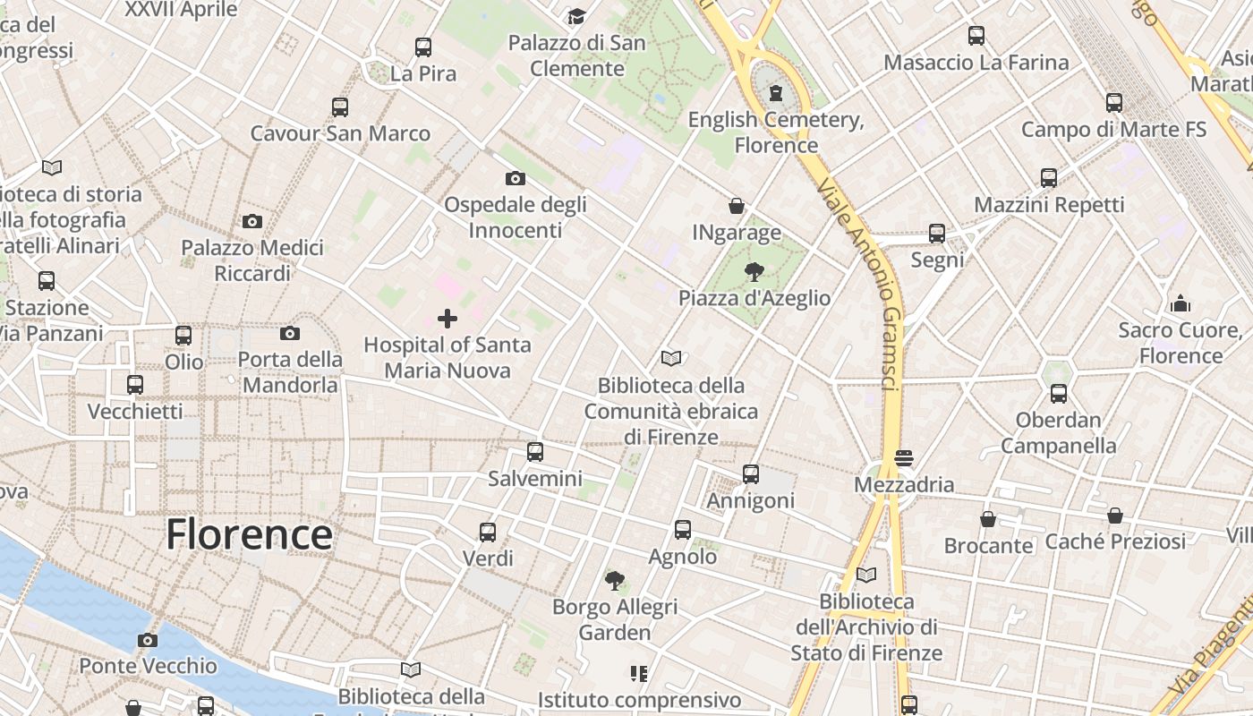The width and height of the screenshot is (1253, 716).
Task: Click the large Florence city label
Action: pyautogui.click(x=249, y=534)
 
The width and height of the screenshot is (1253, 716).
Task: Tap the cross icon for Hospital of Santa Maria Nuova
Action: pyautogui.click(x=447, y=318)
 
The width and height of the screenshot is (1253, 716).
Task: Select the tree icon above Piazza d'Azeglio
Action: pyautogui.click(x=754, y=271)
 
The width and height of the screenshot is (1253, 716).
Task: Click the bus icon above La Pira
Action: pyautogui.click(x=423, y=47)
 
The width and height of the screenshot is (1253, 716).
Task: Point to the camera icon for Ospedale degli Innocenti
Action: pyautogui.click(x=515, y=178)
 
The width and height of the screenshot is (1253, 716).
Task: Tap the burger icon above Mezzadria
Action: pyautogui.click(x=903, y=458)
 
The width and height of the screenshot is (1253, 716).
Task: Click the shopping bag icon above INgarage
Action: pyautogui.click(x=737, y=206)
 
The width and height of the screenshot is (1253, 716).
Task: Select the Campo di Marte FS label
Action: pyautogui.click(x=1113, y=129)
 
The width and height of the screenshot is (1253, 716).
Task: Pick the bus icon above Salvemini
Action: pyautogui.click(x=535, y=452)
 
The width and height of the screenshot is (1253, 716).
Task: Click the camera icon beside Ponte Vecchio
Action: pyautogui.click(x=148, y=640)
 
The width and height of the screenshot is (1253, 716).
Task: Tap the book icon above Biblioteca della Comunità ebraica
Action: pyautogui.click(x=671, y=359)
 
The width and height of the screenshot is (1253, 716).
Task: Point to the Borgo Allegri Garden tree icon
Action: pyautogui.click(x=614, y=581)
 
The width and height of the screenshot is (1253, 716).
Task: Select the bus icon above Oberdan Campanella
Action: pyautogui.click(x=1059, y=393)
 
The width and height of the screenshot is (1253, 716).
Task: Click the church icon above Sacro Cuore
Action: pyautogui.click(x=1181, y=303)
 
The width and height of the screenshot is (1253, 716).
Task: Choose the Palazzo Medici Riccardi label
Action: pyautogui.click(x=252, y=260)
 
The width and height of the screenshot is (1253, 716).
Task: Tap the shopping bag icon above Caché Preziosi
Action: pyautogui.click(x=1115, y=516)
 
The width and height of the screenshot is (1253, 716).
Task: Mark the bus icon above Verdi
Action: pyautogui.click(x=488, y=533)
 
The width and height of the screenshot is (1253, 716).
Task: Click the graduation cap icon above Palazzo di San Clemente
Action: pyautogui.click(x=576, y=17)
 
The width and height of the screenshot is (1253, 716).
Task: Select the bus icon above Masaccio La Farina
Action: pyautogui.click(x=976, y=36)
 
